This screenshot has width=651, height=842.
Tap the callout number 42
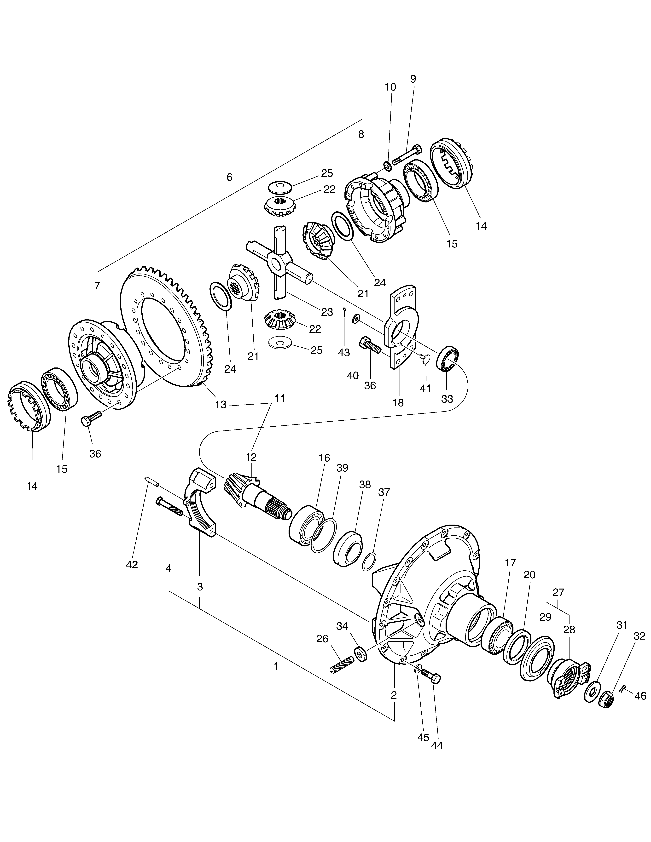[132, 564]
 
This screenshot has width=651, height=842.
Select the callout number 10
[390, 87]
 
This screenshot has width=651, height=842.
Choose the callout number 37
[384, 492]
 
